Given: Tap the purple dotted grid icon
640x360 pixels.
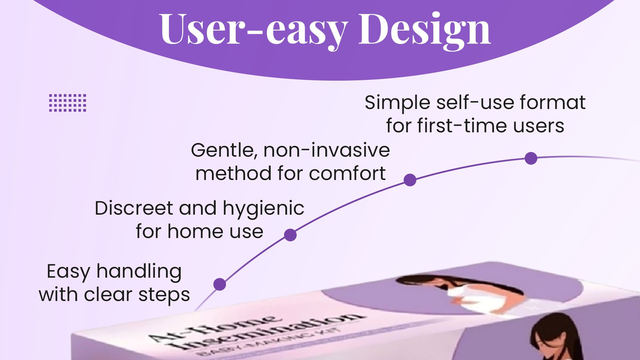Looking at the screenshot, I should (67, 103).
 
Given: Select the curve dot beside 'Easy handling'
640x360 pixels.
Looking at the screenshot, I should (220, 284).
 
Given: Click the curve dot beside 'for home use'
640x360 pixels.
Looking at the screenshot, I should (290, 235).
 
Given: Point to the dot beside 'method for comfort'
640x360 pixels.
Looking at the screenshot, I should (410, 180).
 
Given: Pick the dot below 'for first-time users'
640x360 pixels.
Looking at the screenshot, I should (531, 158).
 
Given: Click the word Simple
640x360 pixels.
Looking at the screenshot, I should (397, 103).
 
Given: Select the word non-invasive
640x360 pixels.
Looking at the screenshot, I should (326, 150).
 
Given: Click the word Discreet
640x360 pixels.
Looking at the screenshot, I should (134, 208).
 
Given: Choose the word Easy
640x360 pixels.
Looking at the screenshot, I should (68, 272).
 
